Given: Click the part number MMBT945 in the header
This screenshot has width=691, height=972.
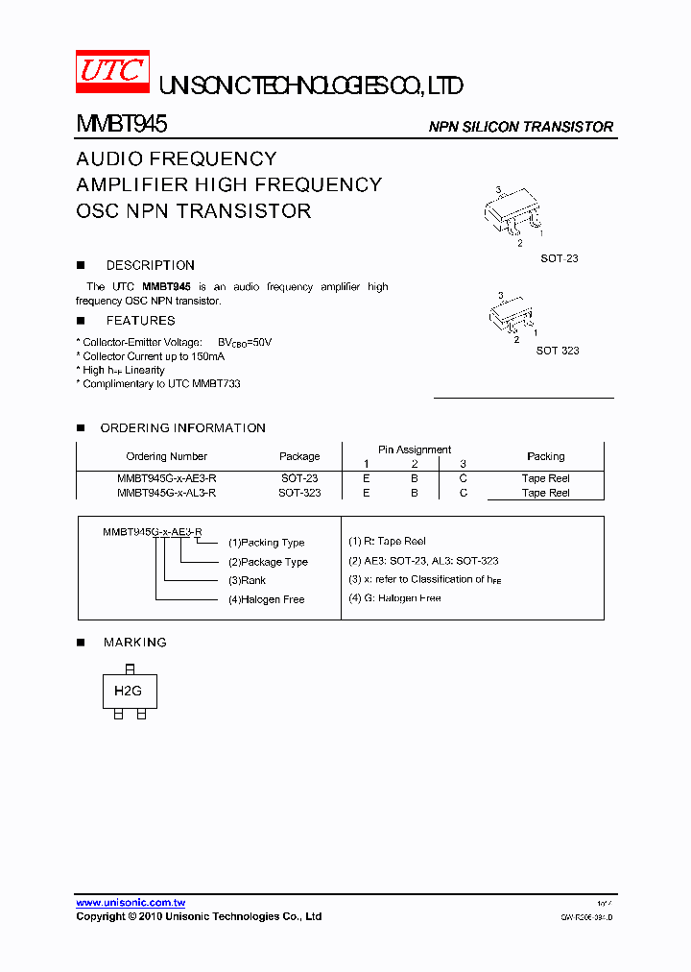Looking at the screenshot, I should click(122, 125).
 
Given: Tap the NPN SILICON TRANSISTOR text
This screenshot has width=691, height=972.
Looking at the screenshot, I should click(520, 127).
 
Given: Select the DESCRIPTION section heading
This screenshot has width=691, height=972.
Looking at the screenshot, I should click(150, 265).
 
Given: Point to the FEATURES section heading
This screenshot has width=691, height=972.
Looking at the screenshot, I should click(140, 321).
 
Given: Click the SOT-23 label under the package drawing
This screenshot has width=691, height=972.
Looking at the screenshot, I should click(559, 259).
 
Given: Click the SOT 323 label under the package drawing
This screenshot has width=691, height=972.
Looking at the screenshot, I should click(558, 351).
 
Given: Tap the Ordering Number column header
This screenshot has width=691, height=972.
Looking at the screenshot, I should click(166, 456).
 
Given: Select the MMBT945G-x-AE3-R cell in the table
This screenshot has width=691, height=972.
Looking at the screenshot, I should click(166, 478).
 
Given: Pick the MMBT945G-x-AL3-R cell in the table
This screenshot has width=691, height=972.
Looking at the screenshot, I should click(166, 493).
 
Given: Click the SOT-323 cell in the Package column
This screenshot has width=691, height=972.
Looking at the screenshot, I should click(299, 493).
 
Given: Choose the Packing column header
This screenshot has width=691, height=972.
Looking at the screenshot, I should click(545, 456).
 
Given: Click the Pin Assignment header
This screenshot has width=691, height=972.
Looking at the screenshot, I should click(414, 450).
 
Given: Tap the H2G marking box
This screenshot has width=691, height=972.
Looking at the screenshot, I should click(128, 692).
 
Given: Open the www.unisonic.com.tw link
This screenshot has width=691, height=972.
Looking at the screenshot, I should click(131, 903).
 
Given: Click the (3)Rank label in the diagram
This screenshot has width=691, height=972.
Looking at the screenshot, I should click(247, 580).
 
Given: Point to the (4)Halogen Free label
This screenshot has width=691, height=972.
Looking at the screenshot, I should click(266, 599).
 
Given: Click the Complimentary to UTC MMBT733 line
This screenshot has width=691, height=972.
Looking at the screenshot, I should click(158, 383).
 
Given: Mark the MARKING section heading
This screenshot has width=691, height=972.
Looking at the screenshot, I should click(134, 643).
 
